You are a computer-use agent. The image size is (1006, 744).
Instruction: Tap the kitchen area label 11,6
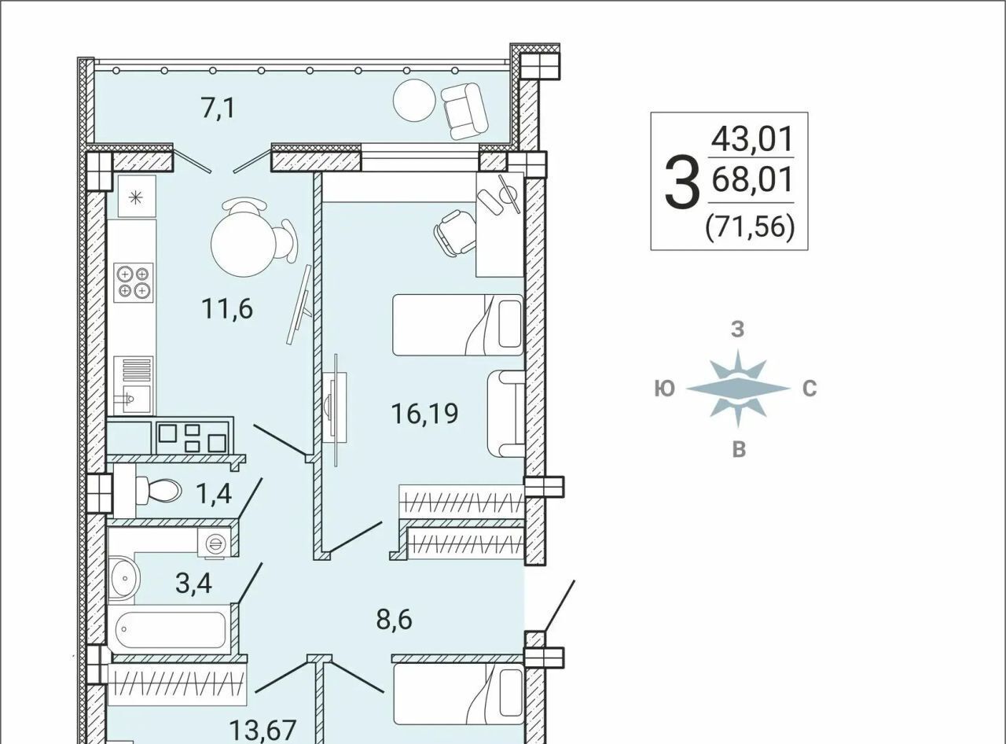pyautogui.click(x=227, y=309)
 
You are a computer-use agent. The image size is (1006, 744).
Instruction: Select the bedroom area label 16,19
pyautogui.click(x=424, y=413)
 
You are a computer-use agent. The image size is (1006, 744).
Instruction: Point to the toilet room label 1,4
pyautogui.click(x=214, y=493)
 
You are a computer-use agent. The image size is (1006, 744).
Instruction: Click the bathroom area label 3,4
pyautogui.click(x=193, y=584)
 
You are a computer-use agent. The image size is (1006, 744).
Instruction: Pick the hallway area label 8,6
pyautogui.click(x=394, y=620)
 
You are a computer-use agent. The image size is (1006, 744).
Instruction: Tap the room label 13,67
pyautogui.click(x=263, y=731)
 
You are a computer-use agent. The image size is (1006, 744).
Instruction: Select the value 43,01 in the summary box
pyautogui.click(x=752, y=139)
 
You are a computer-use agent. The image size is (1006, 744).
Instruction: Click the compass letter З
pyautogui.click(x=737, y=329)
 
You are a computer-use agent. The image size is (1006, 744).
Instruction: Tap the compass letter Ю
pyautogui.click(x=664, y=389)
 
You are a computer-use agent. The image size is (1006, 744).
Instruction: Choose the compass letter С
pyautogui.click(x=810, y=389)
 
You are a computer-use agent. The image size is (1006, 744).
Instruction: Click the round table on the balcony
pyautogui.click(x=414, y=101)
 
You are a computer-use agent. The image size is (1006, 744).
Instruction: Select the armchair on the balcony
pyautogui.click(x=464, y=111)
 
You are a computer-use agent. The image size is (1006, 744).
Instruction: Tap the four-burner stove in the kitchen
pyautogui.click(x=134, y=283)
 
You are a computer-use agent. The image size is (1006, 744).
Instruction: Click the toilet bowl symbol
pyautogui.click(x=158, y=491)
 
